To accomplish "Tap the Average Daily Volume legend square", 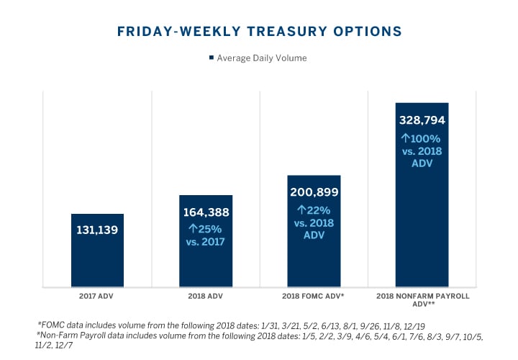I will pos(211,58).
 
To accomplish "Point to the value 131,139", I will pos(97,230).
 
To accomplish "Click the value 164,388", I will pos(205,212).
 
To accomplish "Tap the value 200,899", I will pos(314,192).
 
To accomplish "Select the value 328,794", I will pos(422,119).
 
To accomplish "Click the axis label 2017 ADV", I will pos(97,295).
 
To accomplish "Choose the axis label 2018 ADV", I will pos(205,295).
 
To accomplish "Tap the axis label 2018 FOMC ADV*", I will pos(314,295).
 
